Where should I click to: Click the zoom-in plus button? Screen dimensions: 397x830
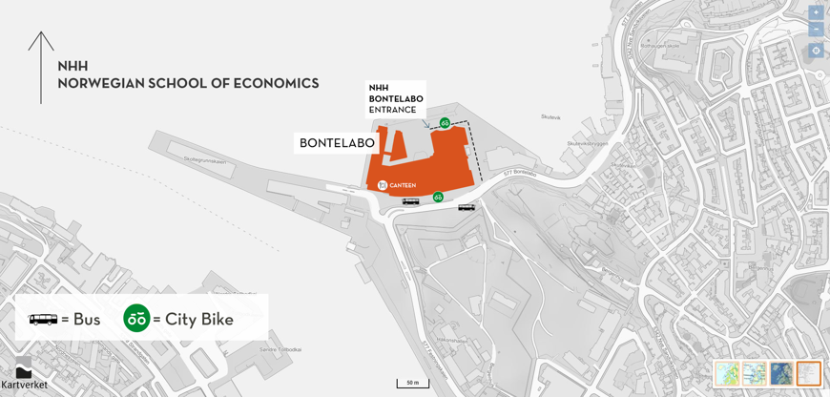[x=816, y=12]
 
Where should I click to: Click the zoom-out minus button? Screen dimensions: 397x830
[x=816, y=30]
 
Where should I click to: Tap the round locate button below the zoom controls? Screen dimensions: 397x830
[x=816, y=51]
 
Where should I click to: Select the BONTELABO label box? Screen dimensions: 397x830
[x=337, y=143]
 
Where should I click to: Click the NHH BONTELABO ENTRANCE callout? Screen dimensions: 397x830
[x=395, y=98]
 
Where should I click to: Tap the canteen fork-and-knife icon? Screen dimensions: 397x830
[x=383, y=185]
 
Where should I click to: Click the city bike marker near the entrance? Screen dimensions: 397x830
[x=445, y=123]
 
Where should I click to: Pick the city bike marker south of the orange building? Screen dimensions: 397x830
[x=438, y=197]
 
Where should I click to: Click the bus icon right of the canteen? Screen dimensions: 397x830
[x=410, y=201]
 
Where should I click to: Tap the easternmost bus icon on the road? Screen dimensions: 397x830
[x=467, y=207]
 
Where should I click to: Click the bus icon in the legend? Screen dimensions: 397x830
[x=43, y=320]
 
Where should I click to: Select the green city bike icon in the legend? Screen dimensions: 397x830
[x=136, y=318]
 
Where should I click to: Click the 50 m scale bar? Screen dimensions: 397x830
[x=412, y=384]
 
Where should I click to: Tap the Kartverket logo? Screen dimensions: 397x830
[x=24, y=374]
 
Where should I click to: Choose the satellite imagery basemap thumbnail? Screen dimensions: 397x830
[x=781, y=373]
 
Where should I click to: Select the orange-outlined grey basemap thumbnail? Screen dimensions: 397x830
[x=808, y=373]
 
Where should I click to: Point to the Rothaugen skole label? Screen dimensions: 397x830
[x=659, y=45]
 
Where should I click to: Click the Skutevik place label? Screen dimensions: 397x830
[x=550, y=117]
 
